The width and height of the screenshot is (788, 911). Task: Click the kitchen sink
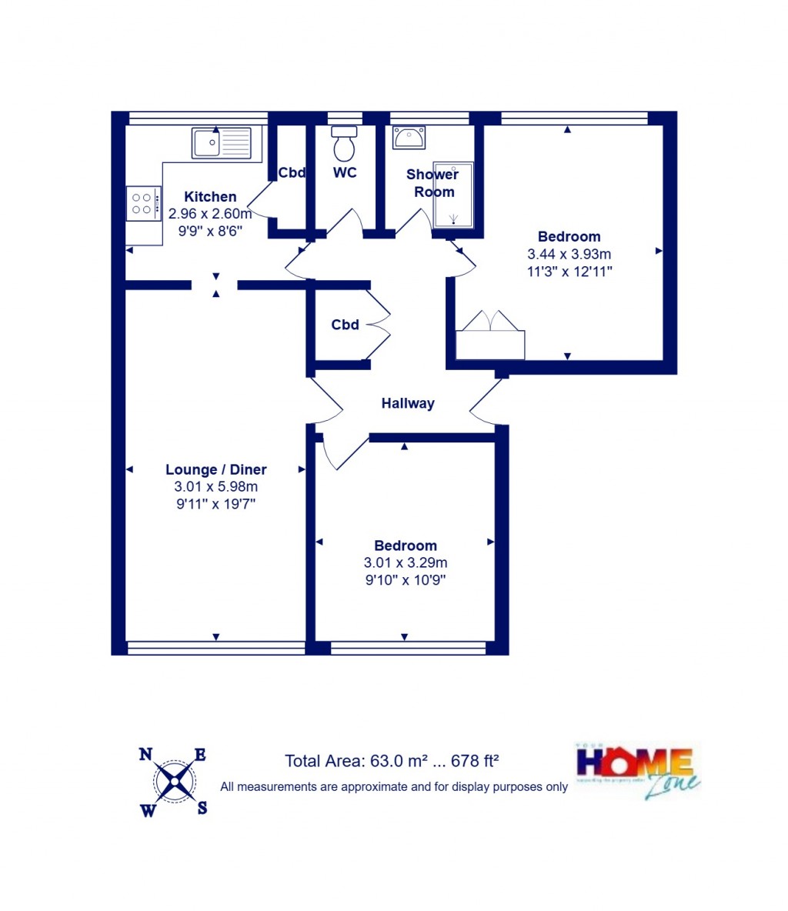point(222,143)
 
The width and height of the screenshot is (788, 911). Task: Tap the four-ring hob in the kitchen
point(143,203)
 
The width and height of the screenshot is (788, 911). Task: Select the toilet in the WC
point(345,144)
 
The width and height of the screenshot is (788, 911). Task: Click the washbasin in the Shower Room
point(409,138)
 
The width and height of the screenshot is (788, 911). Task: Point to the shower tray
point(452,195)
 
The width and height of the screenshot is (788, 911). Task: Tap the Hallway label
point(408,403)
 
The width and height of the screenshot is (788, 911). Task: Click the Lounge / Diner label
point(216,469)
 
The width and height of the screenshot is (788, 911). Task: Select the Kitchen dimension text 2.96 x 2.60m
point(210,214)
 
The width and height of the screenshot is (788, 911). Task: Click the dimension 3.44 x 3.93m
point(569,254)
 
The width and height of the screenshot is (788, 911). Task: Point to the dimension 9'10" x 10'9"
point(406,579)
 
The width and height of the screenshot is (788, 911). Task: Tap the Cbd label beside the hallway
point(345,325)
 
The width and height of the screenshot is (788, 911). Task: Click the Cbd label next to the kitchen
point(292,173)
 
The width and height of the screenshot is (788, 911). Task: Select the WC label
point(345,172)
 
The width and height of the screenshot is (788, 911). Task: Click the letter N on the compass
point(145,754)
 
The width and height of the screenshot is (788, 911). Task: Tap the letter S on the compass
point(202,808)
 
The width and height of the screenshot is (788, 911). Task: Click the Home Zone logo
point(638,769)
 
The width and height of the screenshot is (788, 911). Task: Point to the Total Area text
point(392,761)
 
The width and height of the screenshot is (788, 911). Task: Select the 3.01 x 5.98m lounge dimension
point(216,486)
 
